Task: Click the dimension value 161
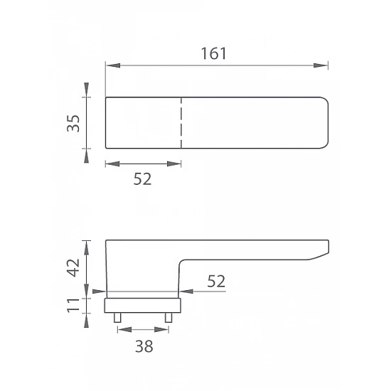(214, 53)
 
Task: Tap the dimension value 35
(73, 124)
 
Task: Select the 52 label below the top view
(142, 178)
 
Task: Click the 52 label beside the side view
(216, 282)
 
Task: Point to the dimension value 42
(73, 268)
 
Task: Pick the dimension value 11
(73, 305)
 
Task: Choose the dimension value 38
(144, 346)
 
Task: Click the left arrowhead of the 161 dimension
(113, 65)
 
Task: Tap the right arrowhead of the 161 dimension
(321, 65)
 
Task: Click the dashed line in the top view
(181, 123)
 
